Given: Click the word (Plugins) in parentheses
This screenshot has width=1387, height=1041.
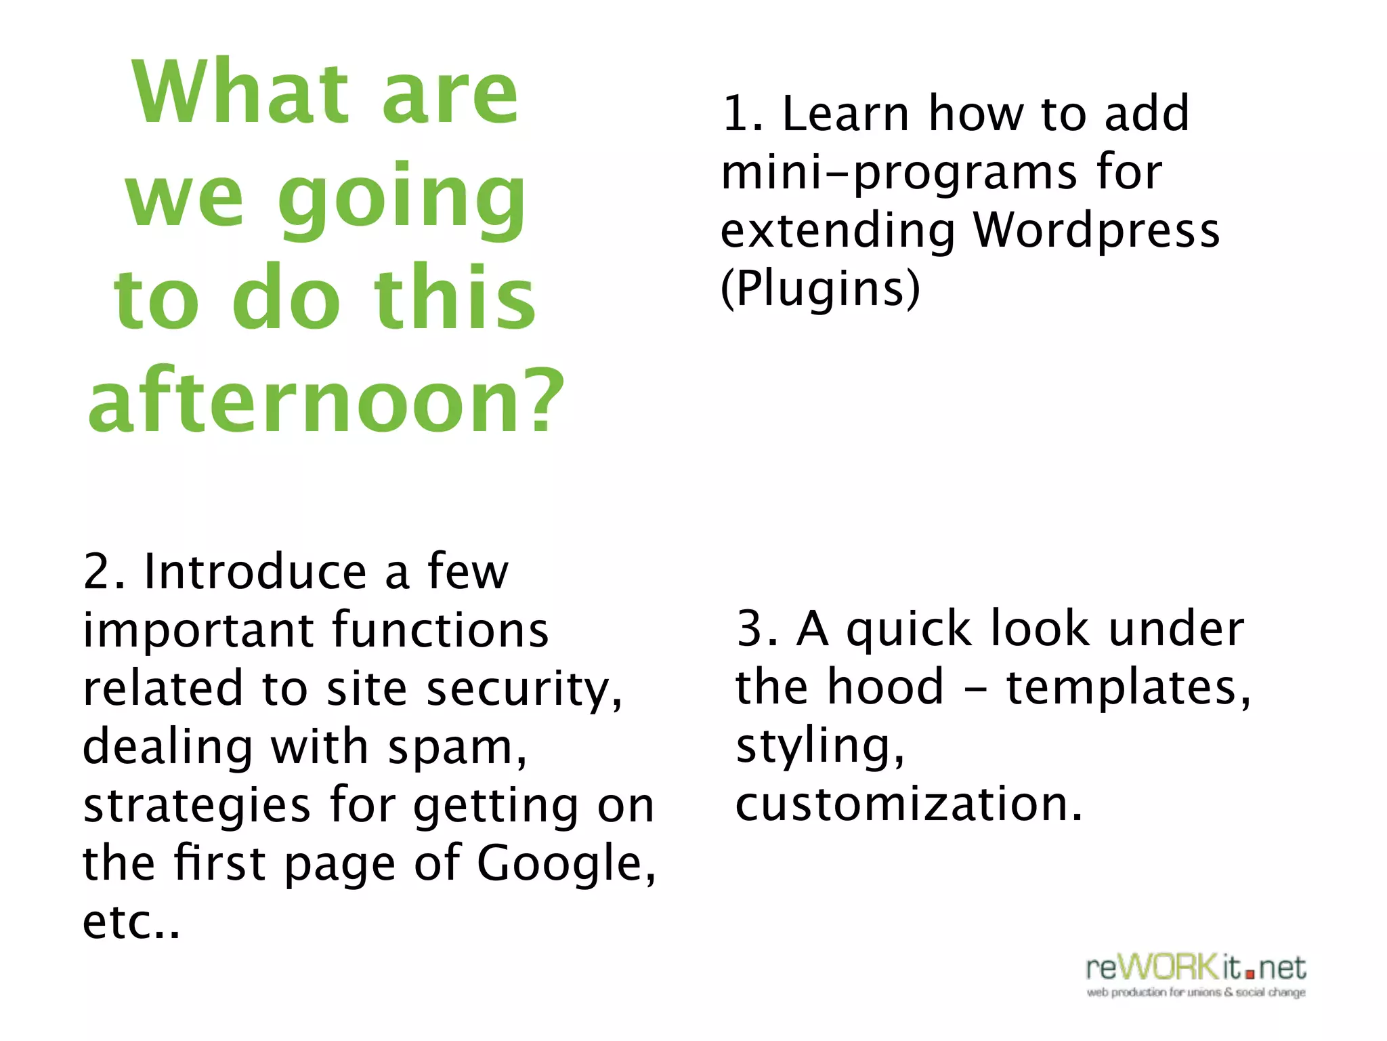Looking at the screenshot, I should (820, 289).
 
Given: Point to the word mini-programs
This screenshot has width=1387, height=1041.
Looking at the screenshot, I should (898, 173).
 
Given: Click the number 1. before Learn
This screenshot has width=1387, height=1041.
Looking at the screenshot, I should (742, 114).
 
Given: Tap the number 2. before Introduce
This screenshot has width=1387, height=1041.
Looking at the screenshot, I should (104, 572).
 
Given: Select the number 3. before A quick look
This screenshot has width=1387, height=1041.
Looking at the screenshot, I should (757, 629).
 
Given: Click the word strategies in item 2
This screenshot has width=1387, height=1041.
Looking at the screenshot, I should (197, 807).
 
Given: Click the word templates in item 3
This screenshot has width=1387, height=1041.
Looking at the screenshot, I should (1121, 688).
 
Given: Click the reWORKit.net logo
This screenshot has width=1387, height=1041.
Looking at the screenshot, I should (1195, 975).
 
